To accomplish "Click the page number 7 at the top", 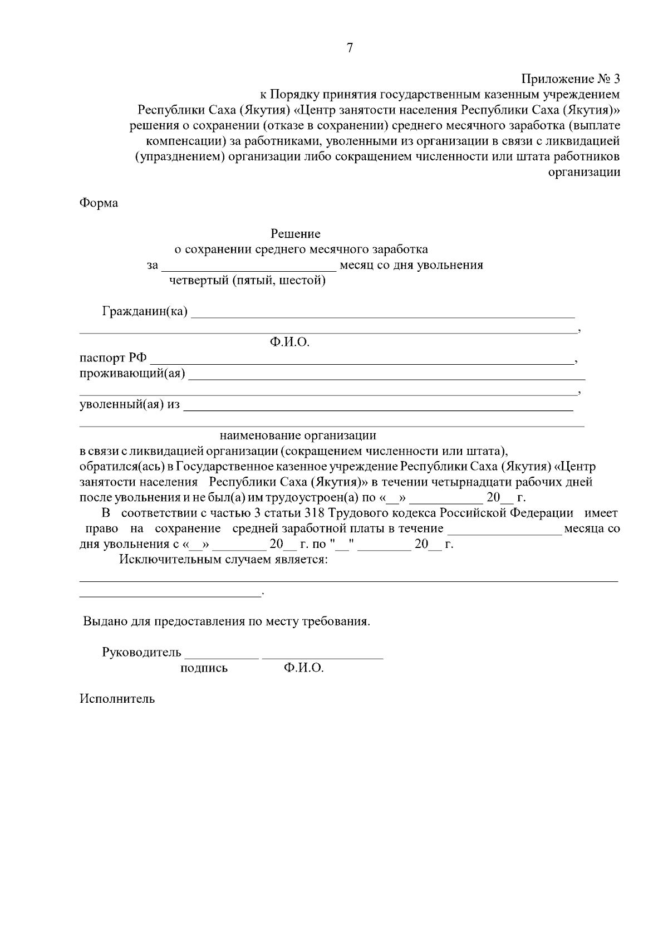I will pyautogui.click(x=350, y=48).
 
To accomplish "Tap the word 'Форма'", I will pyautogui.click(x=99, y=203).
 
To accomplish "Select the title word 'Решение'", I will pyautogui.click(x=296, y=234).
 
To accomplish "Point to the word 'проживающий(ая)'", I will pyautogui.click(x=132, y=373).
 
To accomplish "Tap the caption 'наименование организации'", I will pyautogui.click(x=298, y=435).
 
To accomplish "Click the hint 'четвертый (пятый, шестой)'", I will pyautogui.click(x=248, y=281).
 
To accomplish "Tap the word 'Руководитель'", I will pyautogui.click(x=141, y=653).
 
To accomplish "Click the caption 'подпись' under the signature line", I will pyautogui.click(x=204, y=669).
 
